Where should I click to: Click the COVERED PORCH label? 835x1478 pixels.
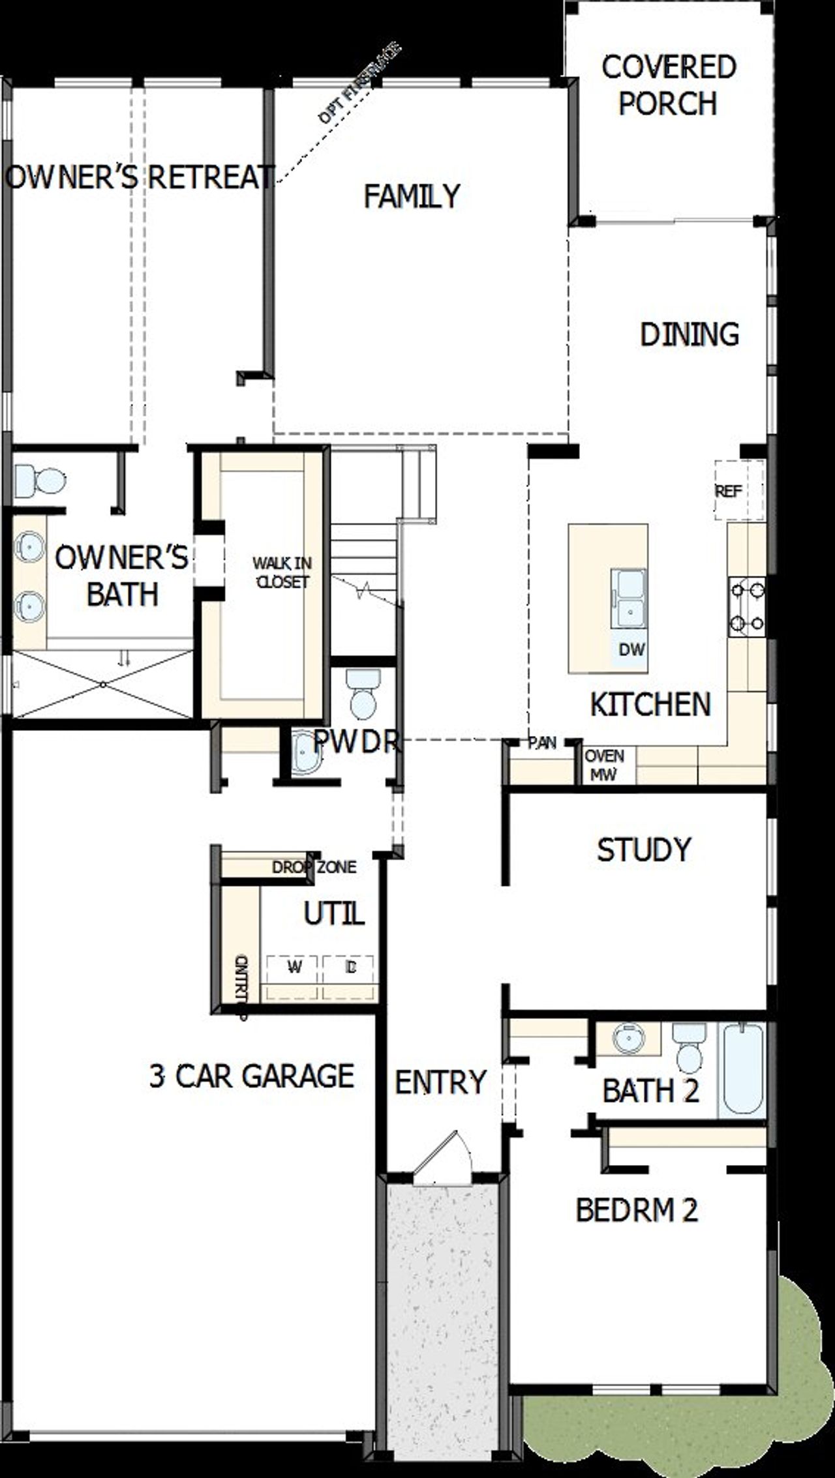click(669, 85)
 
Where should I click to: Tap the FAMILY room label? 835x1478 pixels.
click(412, 196)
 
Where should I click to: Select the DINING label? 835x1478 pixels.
click(690, 334)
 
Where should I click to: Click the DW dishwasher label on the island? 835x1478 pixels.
click(631, 649)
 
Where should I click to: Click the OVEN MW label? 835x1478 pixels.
click(604, 765)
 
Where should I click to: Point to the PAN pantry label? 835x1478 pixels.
click(542, 743)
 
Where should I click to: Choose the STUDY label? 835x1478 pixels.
click(644, 850)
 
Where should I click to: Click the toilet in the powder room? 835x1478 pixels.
click(363, 693)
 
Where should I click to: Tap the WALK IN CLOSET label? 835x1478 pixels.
click(282, 572)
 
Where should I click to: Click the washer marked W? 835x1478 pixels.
click(294, 968)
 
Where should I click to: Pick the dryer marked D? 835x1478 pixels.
click(350, 968)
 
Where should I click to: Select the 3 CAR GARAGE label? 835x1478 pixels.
click(252, 1076)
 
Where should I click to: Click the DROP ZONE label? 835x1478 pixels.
click(314, 867)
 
